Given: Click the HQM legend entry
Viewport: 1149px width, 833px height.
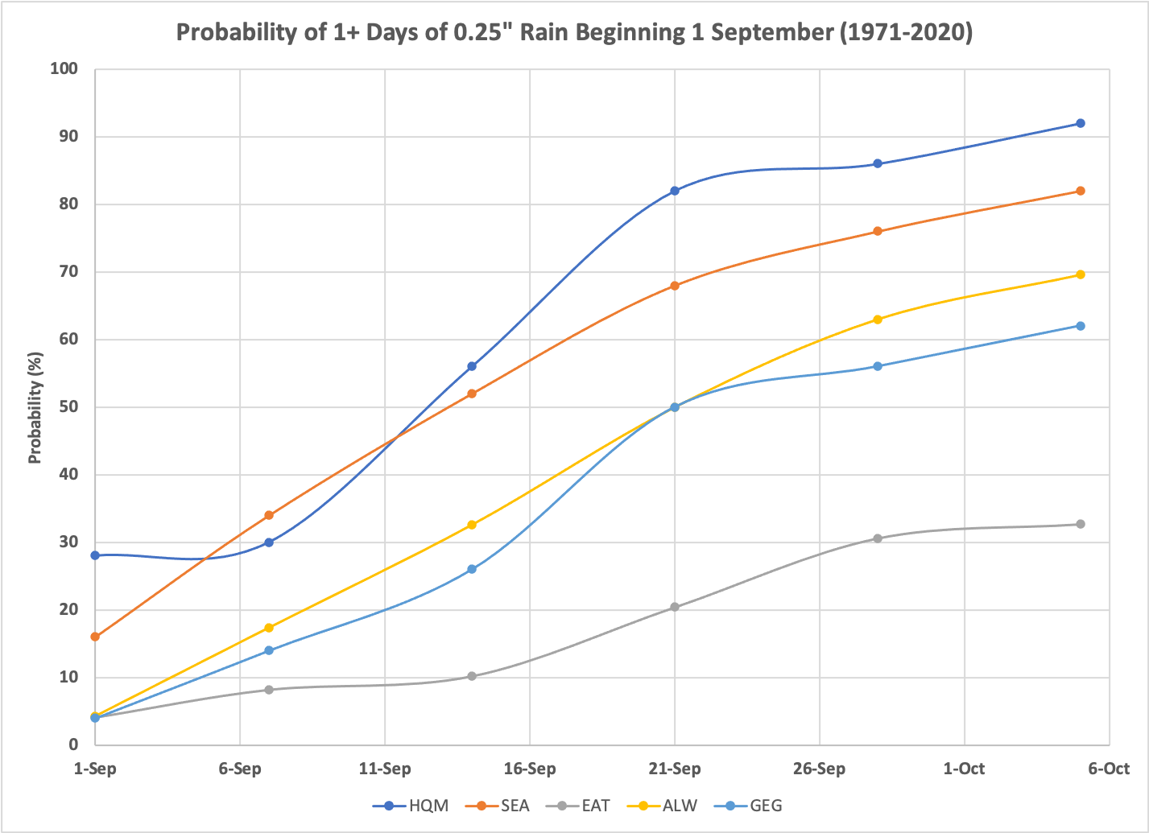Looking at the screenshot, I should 411,806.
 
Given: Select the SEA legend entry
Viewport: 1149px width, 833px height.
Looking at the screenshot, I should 496,806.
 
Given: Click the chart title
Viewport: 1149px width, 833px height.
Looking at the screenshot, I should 574,33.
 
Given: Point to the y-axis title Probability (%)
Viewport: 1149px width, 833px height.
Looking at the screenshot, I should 35,407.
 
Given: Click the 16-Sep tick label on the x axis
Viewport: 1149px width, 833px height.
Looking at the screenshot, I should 530,769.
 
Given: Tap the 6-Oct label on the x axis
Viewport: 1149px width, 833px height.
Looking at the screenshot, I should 1109,769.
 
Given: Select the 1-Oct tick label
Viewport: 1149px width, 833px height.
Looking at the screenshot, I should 964,769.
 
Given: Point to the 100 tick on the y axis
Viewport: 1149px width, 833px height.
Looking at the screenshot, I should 63,69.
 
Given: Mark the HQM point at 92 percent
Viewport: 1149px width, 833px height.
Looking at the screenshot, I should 1081,123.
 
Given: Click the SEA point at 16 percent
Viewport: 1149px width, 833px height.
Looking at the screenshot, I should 95,637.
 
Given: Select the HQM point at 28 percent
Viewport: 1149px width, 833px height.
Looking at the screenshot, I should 95,555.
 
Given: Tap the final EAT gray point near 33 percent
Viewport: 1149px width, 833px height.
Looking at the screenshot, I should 1081,524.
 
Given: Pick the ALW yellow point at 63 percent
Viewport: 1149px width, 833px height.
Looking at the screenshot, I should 878,320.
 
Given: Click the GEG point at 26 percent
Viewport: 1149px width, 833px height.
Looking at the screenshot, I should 472,569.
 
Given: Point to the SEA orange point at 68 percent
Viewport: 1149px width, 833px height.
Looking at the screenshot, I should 675,286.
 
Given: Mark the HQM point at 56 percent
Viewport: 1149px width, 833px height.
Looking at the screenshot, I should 472,366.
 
